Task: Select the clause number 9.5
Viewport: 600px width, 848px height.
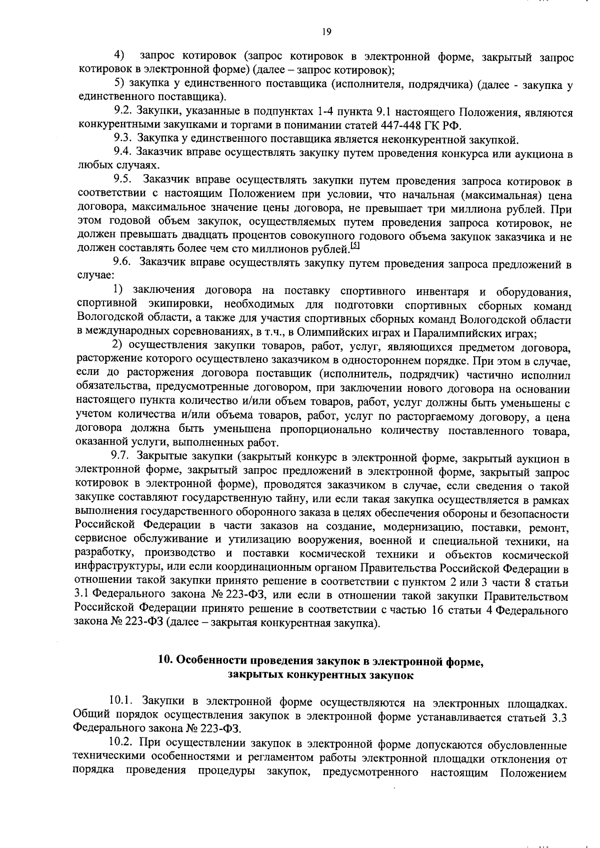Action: [122, 182]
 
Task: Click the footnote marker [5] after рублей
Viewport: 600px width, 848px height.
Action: [355, 246]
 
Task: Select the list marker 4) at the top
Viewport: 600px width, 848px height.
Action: [120, 54]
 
